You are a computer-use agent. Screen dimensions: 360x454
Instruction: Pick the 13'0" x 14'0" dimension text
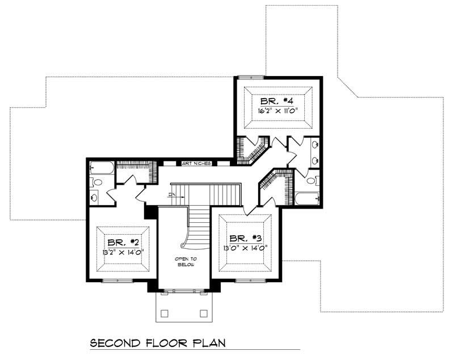(246, 248)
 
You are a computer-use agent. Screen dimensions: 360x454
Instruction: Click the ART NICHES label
(196, 163)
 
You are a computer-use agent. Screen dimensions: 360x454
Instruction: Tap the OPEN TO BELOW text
(184, 261)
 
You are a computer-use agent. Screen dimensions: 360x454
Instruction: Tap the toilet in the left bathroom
(96, 183)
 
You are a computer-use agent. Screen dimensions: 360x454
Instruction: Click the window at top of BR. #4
(250, 77)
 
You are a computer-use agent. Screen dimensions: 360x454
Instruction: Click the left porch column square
(165, 312)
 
